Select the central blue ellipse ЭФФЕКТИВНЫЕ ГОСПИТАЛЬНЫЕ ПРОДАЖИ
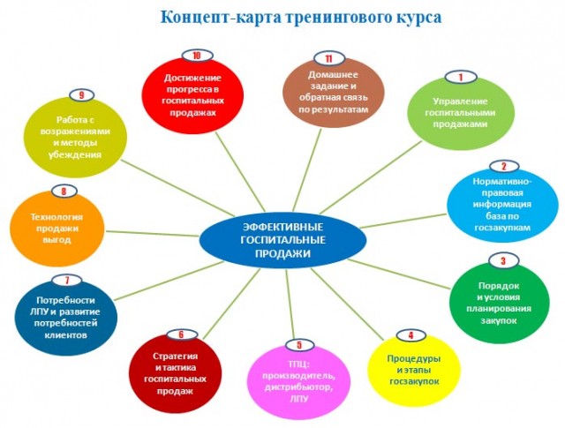click(x=282, y=240)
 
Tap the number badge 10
click(x=197, y=56)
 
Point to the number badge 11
click(x=329, y=58)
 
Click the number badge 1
click(x=461, y=77)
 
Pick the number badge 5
click(x=299, y=345)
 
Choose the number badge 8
click(x=64, y=191)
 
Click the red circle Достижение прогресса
click(x=192, y=95)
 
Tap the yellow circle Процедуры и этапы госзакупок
click(x=414, y=371)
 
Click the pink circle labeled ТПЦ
click(x=299, y=382)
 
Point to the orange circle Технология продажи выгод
click(x=56, y=229)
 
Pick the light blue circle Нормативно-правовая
click(x=502, y=205)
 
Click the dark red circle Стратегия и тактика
click(x=176, y=373)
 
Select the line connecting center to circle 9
click(x=173, y=186)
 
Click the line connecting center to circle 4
click(x=347, y=304)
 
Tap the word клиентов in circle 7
click(x=65, y=335)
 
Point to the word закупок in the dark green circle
click(x=499, y=320)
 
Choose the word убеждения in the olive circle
click(x=75, y=154)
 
